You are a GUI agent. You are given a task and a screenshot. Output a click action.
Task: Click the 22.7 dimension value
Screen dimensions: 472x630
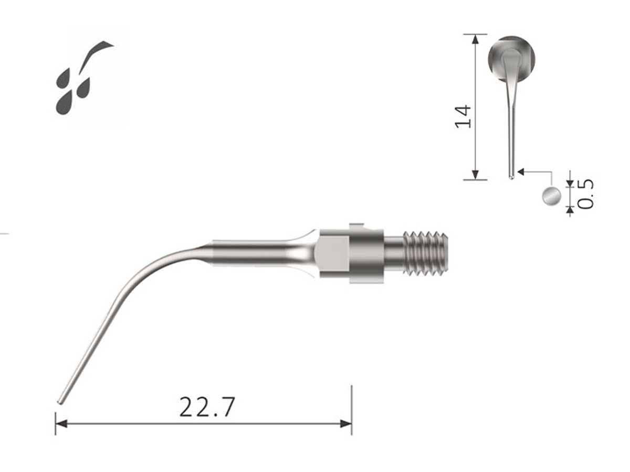[x=207, y=407]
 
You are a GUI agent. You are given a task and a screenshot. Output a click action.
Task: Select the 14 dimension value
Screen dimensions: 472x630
[x=464, y=116]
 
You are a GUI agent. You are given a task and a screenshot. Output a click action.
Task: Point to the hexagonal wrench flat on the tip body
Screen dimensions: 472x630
[x=332, y=253]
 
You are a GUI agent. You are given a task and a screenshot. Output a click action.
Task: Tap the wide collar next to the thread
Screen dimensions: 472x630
[x=366, y=253]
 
